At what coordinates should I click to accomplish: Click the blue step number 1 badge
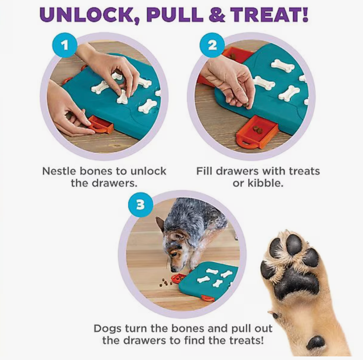click(64, 45)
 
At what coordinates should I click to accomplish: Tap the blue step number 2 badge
click(212, 45)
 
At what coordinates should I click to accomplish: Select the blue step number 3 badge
click(141, 205)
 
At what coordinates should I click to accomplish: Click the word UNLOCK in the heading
click(87, 15)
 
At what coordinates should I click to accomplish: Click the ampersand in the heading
click(217, 15)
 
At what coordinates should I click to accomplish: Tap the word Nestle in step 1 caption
click(59, 171)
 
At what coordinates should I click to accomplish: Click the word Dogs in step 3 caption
click(108, 329)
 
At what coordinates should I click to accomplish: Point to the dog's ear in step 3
click(161, 224)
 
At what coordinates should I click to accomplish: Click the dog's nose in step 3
click(173, 270)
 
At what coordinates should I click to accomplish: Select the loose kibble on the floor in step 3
click(166, 282)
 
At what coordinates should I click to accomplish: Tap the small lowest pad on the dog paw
click(316, 343)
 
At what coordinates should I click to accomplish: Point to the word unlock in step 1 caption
click(148, 171)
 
